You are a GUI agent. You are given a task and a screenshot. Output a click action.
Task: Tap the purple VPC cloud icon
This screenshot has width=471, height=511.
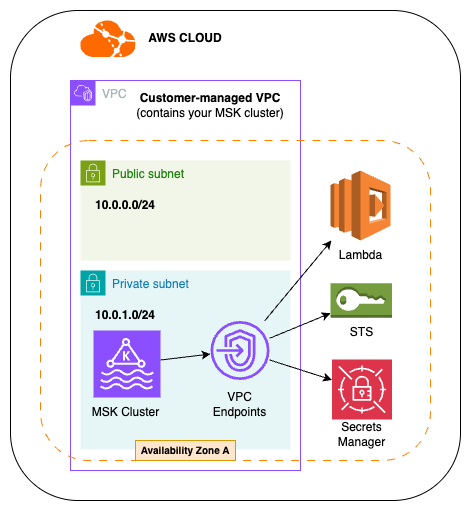[83, 94]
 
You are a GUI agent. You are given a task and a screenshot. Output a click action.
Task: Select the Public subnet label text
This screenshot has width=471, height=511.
[148, 174]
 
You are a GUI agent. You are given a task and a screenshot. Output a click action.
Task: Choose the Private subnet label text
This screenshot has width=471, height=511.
[150, 284]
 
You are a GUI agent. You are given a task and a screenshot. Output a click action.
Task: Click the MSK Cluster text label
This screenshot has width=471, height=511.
[126, 411]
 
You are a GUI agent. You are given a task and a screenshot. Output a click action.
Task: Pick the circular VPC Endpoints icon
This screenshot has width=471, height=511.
[240, 353]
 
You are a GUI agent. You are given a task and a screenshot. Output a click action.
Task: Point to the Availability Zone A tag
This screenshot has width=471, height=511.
[185, 451]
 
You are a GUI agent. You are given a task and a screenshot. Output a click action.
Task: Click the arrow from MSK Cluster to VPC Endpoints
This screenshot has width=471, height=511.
[184, 356]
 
